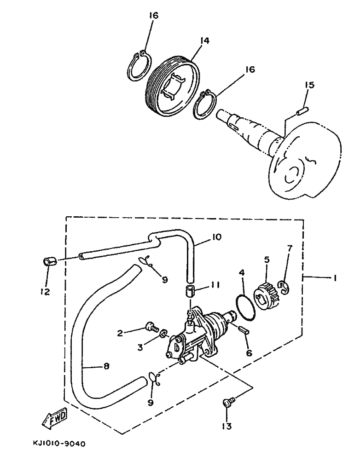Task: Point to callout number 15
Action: tap(309, 85)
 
